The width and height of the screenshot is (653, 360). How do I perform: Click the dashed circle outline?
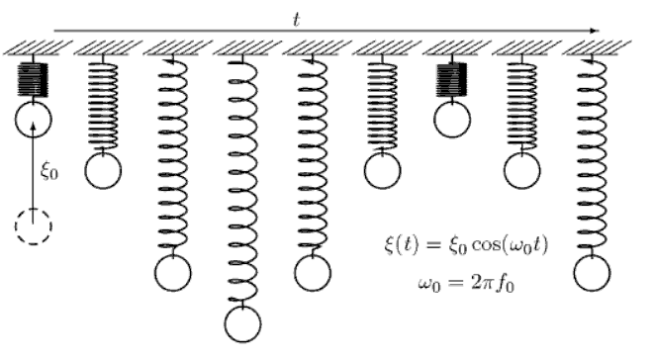pos(33,226)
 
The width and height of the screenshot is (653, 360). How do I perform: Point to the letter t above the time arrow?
pos(297,18)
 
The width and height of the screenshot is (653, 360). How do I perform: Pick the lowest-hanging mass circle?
pos(242,322)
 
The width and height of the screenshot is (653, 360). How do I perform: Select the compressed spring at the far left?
pos(33,78)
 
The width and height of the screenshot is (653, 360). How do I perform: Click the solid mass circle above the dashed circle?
pos(33,120)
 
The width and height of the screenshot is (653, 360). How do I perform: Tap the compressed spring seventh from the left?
pos(452,78)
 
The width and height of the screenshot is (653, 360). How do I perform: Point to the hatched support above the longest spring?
pos(242,46)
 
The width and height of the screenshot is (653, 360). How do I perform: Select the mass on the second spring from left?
pos(103,170)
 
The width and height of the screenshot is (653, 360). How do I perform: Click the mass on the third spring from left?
pos(173,271)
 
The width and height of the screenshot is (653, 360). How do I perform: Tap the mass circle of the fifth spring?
pos(313,271)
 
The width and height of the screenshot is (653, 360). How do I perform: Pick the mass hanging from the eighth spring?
pos(522,169)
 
